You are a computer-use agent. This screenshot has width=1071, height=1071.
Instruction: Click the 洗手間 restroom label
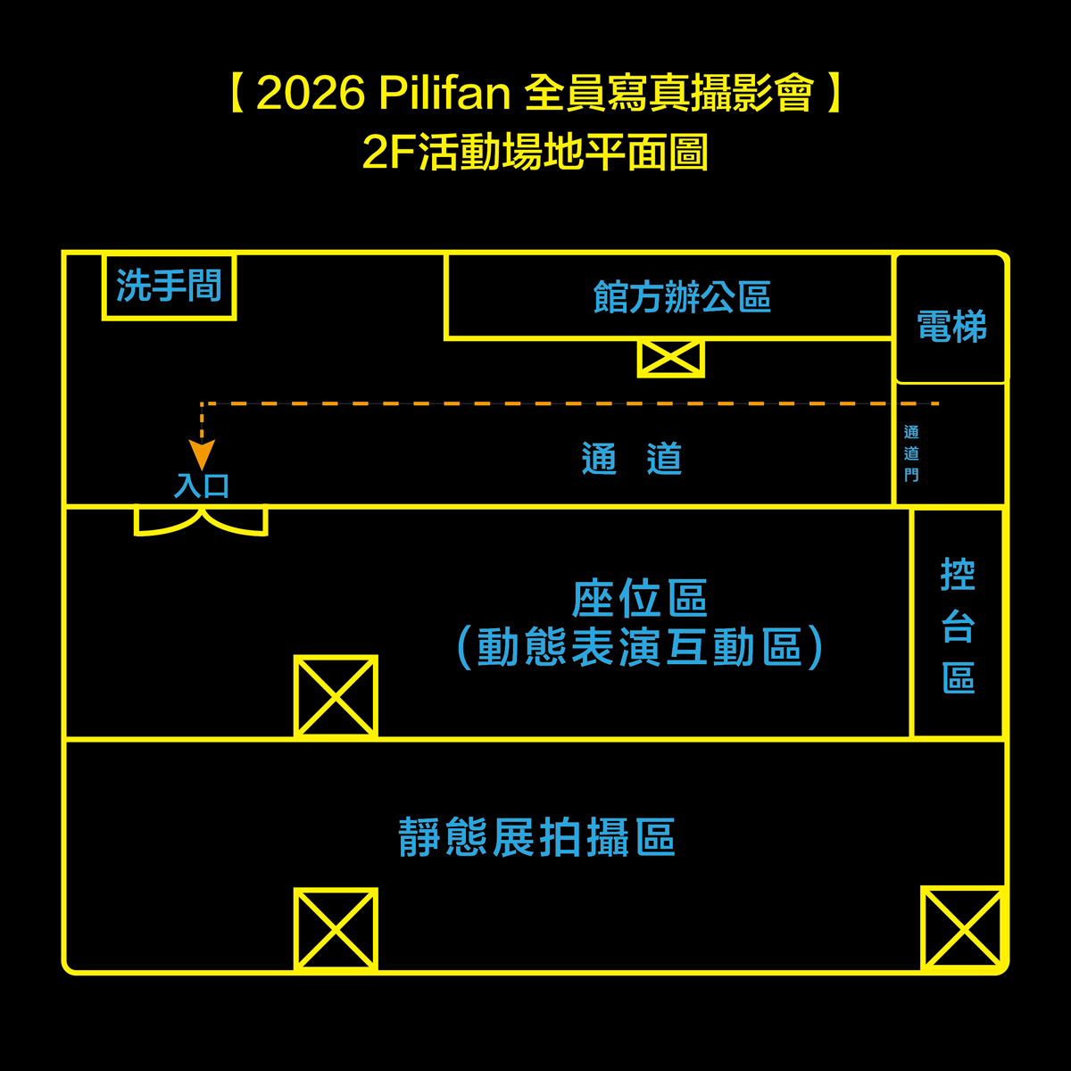click(x=169, y=285)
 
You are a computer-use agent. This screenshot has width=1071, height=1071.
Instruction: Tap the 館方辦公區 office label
click(x=682, y=297)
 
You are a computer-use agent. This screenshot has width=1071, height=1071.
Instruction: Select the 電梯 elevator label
click(x=951, y=326)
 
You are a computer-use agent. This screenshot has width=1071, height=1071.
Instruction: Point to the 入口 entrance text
click(x=201, y=486)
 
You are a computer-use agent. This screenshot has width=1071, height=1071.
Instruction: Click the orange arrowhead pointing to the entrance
click(x=202, y=454)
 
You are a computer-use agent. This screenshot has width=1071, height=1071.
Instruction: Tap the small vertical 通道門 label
click(x=911, y=453)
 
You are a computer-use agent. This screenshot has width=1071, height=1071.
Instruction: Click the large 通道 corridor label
click(x=631, y=458)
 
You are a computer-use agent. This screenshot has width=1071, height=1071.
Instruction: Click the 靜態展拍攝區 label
click(x=537, y=837)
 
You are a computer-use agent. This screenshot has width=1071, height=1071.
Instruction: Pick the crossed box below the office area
click(x=671, y=358)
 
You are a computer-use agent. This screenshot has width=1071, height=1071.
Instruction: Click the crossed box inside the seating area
click(x=336, y=696)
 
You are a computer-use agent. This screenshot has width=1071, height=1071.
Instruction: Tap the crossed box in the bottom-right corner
click(x=963, y=928)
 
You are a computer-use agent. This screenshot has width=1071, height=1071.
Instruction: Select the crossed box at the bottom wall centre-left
click(x=336, y=930)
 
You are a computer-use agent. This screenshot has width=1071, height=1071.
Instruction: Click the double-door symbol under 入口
click(x=201, y=521)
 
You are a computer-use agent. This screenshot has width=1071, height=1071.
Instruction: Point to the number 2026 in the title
click(x=311, y=93)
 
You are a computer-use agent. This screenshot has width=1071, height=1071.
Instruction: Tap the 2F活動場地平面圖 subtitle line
click(x=535, y=152)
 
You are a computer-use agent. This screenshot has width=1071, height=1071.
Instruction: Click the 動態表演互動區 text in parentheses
click(x=639, y=647)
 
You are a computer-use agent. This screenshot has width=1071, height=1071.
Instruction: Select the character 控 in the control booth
click(x=958, y=574)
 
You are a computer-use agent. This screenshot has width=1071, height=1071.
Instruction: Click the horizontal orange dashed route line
click(x=569, y=403)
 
